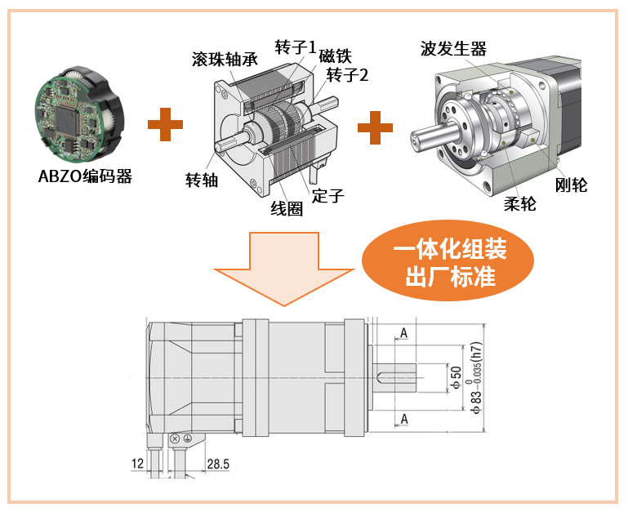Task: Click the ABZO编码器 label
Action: point(85,176)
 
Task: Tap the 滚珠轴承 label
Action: point(225,60)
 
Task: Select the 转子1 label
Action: point(296,47)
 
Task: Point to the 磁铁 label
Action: point(335,56)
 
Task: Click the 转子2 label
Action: point(347,75)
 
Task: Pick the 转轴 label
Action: point(202,180)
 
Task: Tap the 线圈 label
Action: point(287,209)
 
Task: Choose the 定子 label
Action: point(328,195)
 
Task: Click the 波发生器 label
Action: point(453,49)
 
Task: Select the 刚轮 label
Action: point(571,185)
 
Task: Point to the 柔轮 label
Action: point(520,204)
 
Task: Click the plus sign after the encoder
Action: point(166,124)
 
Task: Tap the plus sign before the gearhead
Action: point(376,127)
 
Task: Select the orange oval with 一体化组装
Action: point(448,260)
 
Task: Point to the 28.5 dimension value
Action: point(218,464)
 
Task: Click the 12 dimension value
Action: point(137,464)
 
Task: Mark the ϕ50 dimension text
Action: point(457,378)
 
